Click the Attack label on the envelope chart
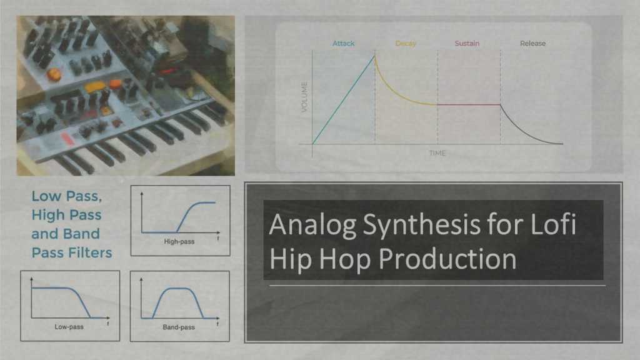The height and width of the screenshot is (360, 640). coord(343,43)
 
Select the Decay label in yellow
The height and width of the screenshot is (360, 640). coord(406,43)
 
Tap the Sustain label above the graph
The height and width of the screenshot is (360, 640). coord(468,43)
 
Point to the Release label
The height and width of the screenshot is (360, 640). coord(532,43)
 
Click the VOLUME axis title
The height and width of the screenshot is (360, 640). coord(304,97)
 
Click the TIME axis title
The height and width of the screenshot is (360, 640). coord(437,153)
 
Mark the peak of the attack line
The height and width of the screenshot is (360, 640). coord(375,56)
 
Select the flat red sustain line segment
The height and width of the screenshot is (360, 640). coord(469,104)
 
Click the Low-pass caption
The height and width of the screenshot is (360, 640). coord(69,326)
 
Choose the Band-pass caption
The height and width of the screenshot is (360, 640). coord(179,326)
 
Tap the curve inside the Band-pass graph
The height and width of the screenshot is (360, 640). coord(179,289)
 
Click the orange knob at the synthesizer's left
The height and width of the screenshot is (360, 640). coord(54,74)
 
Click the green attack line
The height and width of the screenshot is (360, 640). coord(344,100)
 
